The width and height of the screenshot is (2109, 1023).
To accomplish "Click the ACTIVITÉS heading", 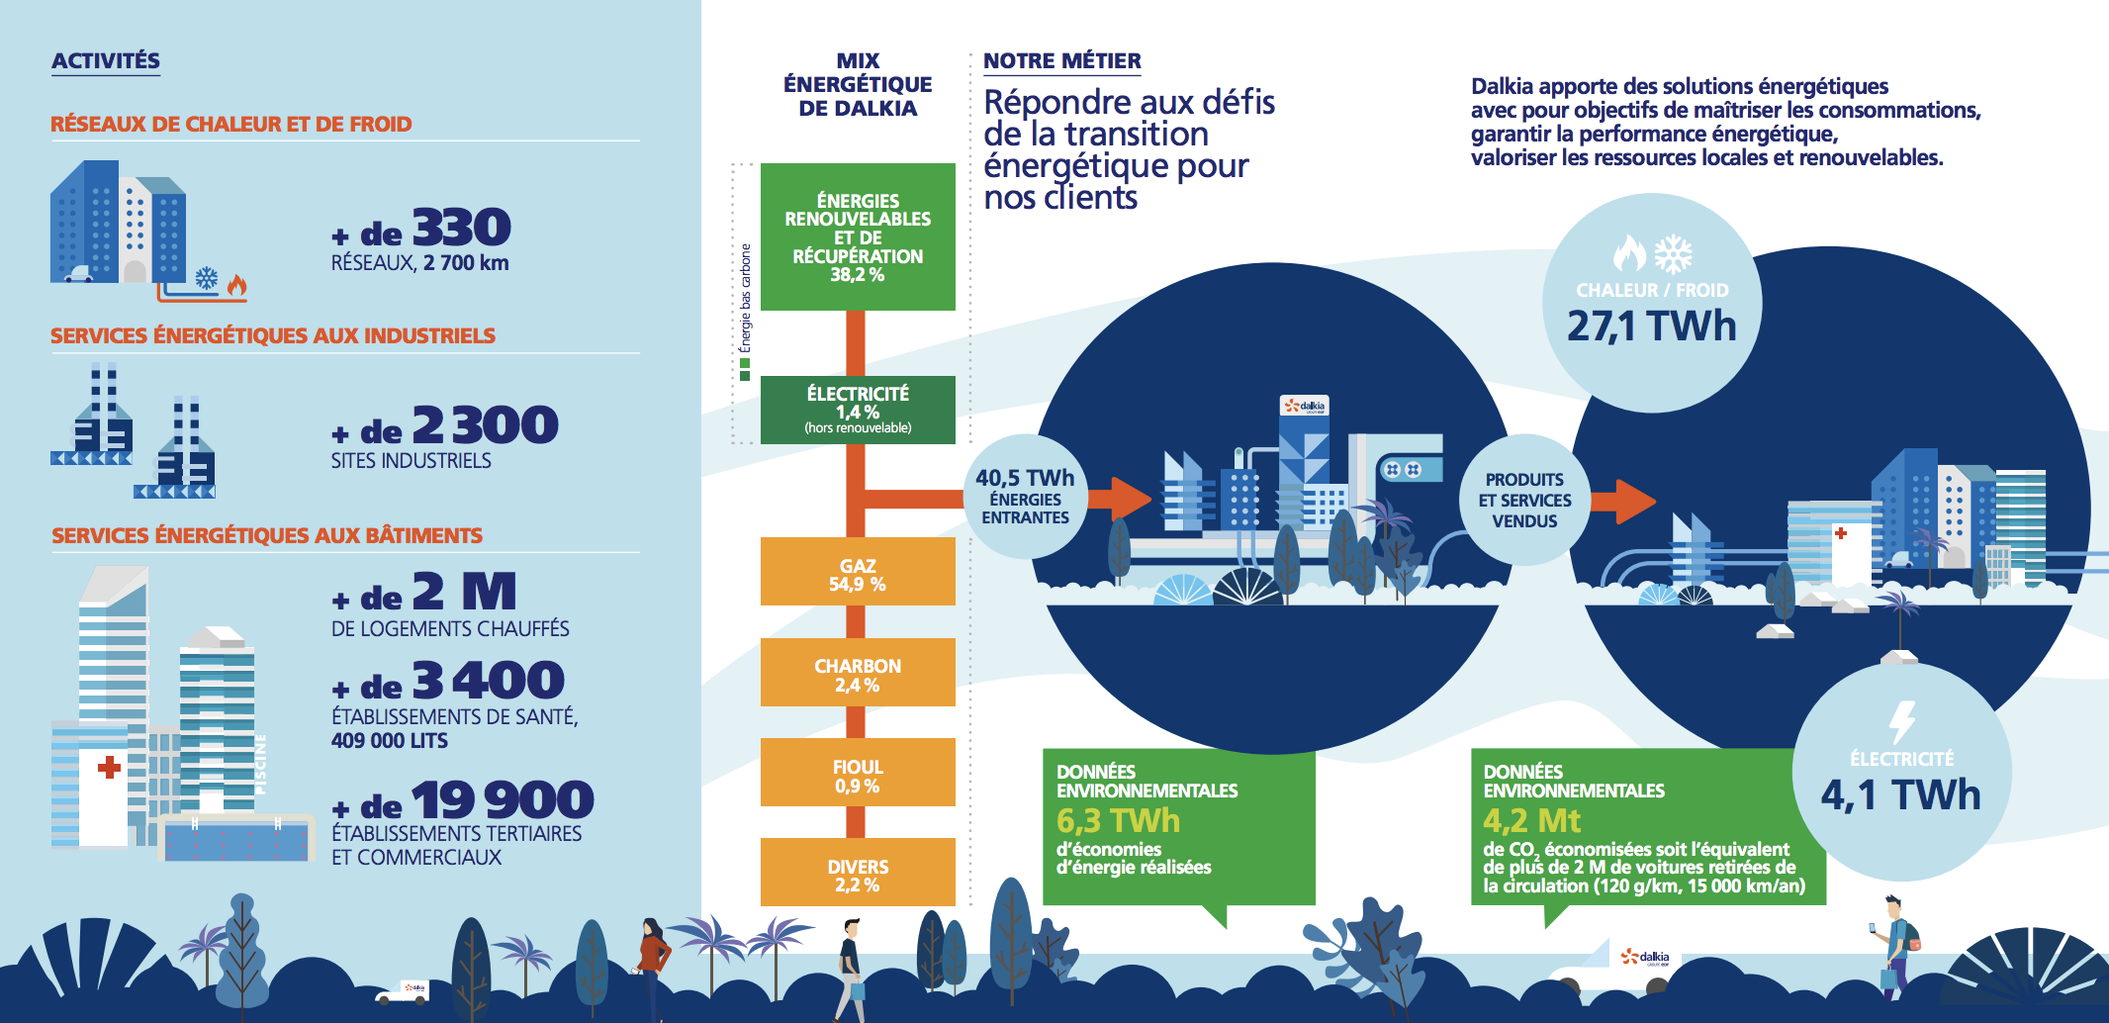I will click(106, 61).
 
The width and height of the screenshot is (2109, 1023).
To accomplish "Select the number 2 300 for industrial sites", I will click(485, 424).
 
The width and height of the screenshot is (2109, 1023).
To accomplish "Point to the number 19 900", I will click(503, 799).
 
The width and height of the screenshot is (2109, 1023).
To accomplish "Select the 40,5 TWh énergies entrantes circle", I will click(1025, 497).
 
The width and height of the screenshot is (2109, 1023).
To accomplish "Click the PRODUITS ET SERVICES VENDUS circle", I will click(1524, 500).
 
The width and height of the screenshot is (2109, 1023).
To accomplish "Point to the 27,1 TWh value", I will click(1651, 326).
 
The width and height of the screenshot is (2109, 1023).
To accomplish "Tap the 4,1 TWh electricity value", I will click(1900, 795).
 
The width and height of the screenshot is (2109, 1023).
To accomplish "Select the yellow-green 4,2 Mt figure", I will click(1531, 821).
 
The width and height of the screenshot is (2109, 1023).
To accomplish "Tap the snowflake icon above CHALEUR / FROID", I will click(1674, 254).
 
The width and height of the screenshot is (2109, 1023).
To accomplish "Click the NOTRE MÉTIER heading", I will click(1061, 61).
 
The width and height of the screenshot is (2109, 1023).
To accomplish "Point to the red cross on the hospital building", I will click(109, 767).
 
